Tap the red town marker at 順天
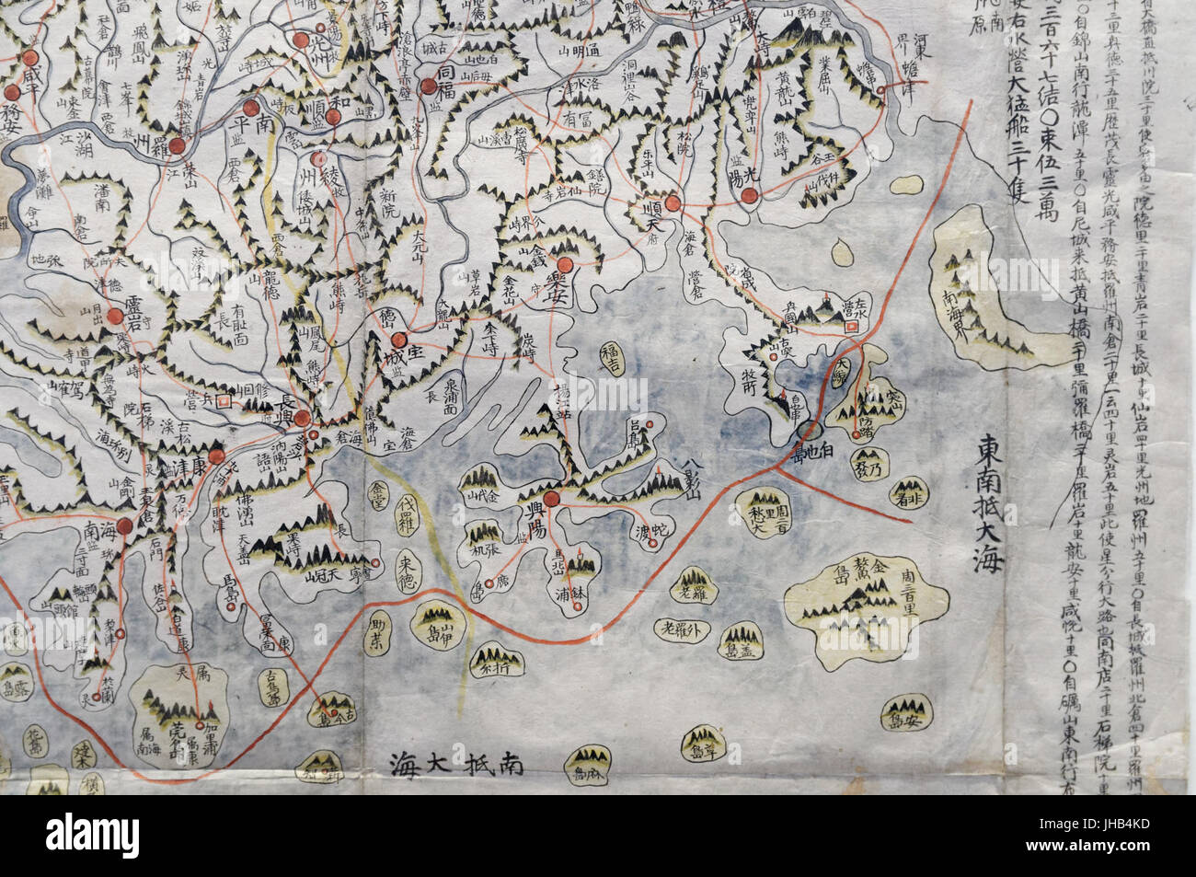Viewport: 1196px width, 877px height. tap(673, 204)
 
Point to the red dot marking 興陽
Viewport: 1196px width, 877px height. tap(550, 500)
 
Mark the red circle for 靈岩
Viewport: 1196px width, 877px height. tap(115, 317)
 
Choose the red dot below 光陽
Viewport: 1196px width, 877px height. tap(750, 194)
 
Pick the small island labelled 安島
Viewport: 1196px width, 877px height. tap(903, 712)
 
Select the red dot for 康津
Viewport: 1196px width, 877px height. tap(216, 457)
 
